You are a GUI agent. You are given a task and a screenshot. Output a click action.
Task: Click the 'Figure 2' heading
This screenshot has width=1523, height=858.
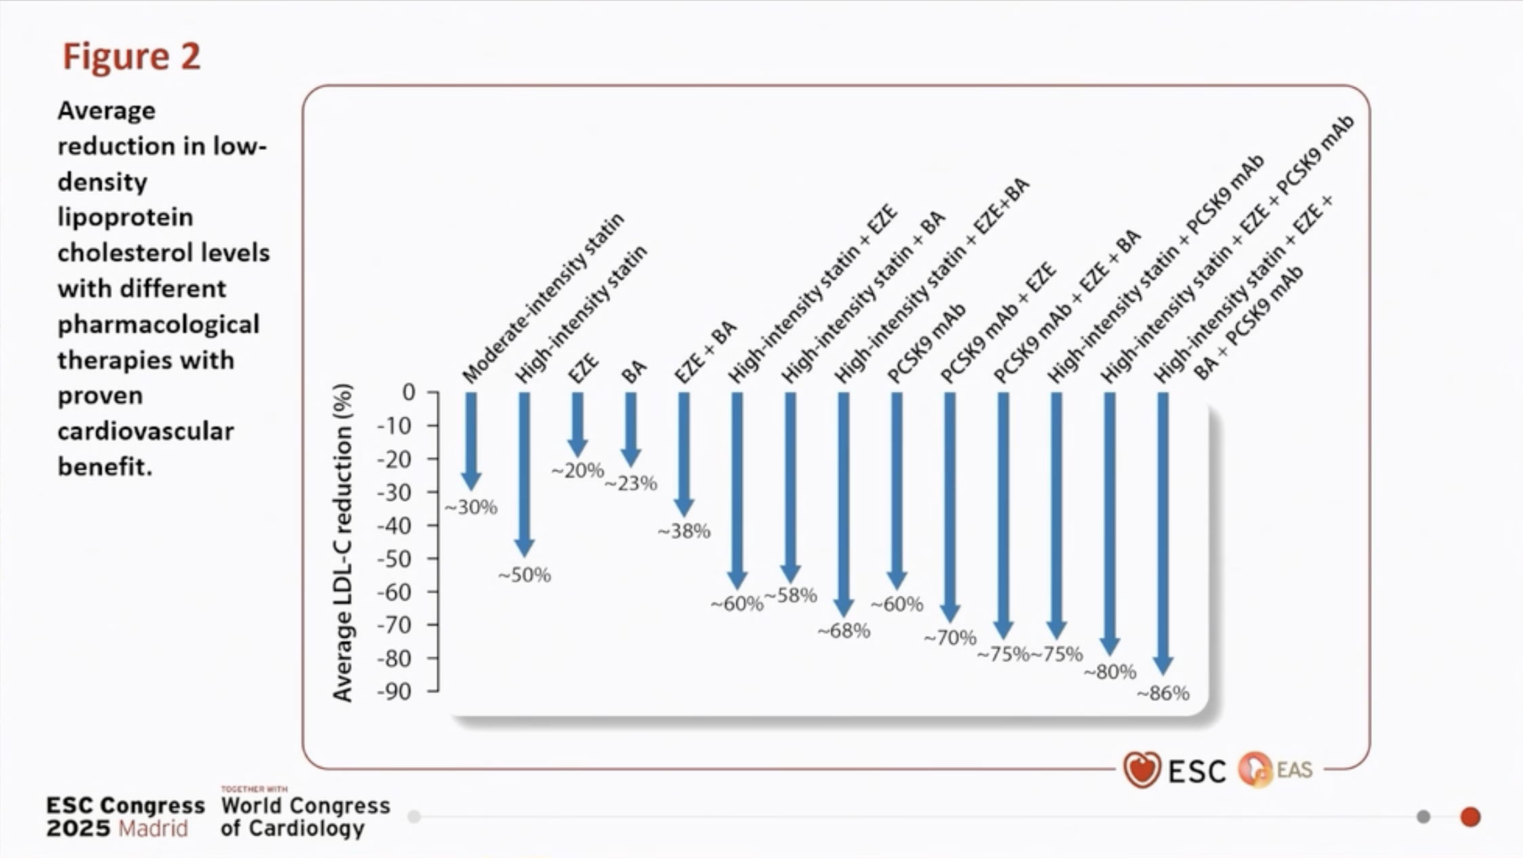132,56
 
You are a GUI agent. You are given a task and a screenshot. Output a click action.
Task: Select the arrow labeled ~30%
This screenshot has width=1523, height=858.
471,441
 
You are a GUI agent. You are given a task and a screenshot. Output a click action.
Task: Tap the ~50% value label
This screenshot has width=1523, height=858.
524,575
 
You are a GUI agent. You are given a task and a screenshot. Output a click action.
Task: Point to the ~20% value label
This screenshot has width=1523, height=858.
577,470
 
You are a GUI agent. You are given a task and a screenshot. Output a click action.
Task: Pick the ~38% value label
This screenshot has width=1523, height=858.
684,531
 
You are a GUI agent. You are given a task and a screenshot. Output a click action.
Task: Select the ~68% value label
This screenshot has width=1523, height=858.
844,632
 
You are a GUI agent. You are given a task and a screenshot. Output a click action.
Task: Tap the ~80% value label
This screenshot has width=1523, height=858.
1109,672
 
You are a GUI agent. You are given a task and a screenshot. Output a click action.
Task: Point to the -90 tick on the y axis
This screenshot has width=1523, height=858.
394,692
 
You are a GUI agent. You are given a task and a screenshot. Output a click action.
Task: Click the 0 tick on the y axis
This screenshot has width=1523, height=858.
408,392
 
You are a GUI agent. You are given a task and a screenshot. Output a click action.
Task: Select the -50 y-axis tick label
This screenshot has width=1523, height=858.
394,559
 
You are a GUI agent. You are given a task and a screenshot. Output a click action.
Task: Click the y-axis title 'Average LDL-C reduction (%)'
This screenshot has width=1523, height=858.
343,542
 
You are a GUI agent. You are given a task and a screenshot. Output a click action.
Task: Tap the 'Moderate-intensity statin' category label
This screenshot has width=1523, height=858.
542,298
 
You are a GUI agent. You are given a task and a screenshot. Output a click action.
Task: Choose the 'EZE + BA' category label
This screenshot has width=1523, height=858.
705,352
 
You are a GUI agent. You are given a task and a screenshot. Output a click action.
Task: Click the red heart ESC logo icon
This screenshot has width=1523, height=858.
1142,769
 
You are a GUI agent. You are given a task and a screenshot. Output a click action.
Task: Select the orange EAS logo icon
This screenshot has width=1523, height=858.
1255,769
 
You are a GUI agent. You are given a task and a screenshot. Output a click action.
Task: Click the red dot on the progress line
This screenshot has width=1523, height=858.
1470,817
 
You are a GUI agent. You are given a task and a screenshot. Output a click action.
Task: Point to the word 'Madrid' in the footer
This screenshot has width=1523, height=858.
153,829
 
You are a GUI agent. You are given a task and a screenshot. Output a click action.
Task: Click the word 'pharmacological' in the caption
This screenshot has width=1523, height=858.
158,324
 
